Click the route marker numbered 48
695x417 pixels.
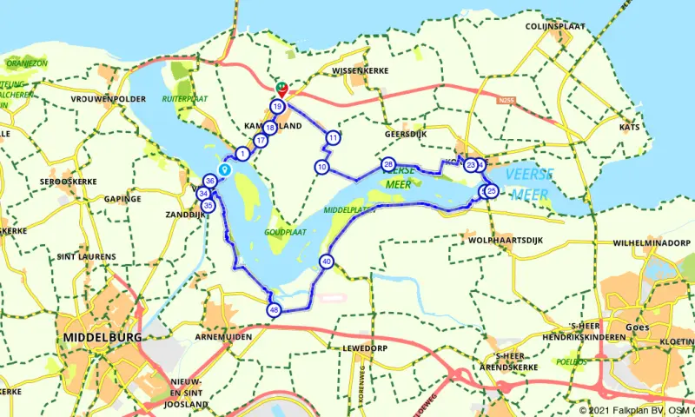tap(275, 311)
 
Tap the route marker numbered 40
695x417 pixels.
tap(327, 261)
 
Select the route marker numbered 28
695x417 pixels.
tap(388, 164)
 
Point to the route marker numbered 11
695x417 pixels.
tap(333, 137)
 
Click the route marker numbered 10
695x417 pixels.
tap(322, 167)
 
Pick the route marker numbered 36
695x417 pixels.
tap(210, 181)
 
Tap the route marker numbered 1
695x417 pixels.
tap(242, 153)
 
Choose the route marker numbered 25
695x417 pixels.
tap(492, 191)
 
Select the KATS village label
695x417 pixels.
tap(629, 127)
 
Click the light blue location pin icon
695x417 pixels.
tap(223, 170)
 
